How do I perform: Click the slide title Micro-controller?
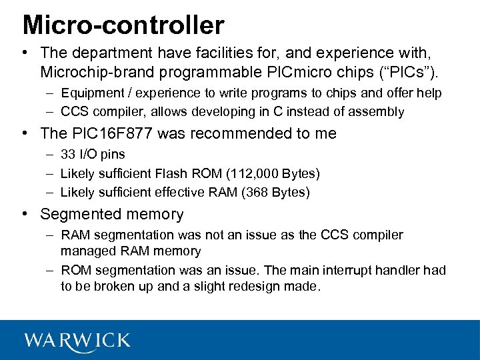click(123, 25)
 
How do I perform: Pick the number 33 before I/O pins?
click(68, 155)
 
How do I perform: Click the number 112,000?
click(251, 174)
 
